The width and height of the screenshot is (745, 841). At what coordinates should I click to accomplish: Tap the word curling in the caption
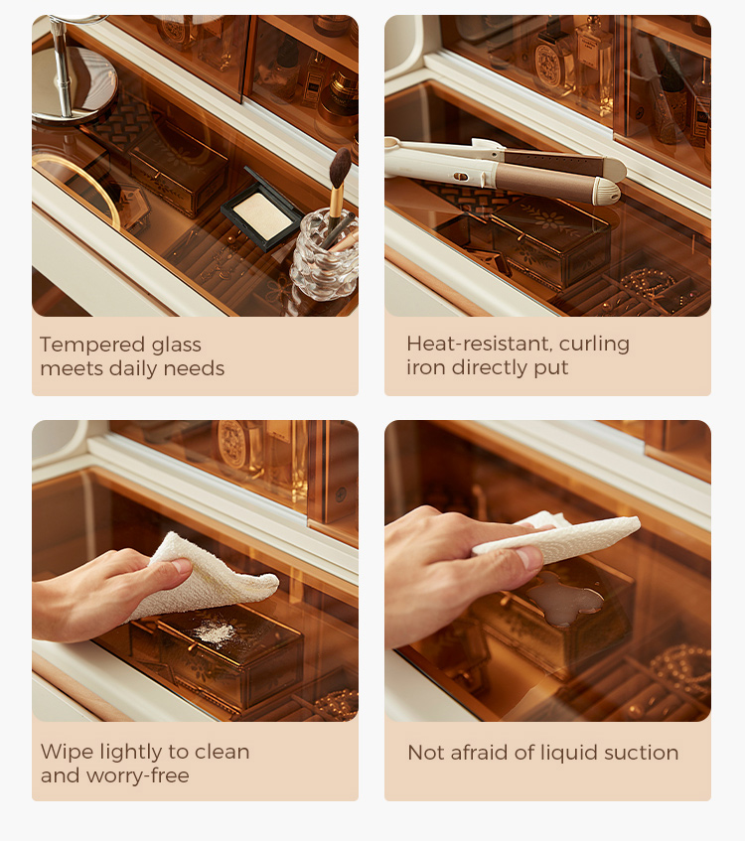pyautogui.click(x=594, y=345)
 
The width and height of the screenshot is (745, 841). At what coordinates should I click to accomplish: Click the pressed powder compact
pyautogui.click(x=262, y=211)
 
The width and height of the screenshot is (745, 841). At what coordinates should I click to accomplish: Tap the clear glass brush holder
pyautogui.click(x=325, y=256)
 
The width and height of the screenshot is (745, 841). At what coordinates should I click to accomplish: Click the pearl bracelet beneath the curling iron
pyautogui.click(x=648, y=282)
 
